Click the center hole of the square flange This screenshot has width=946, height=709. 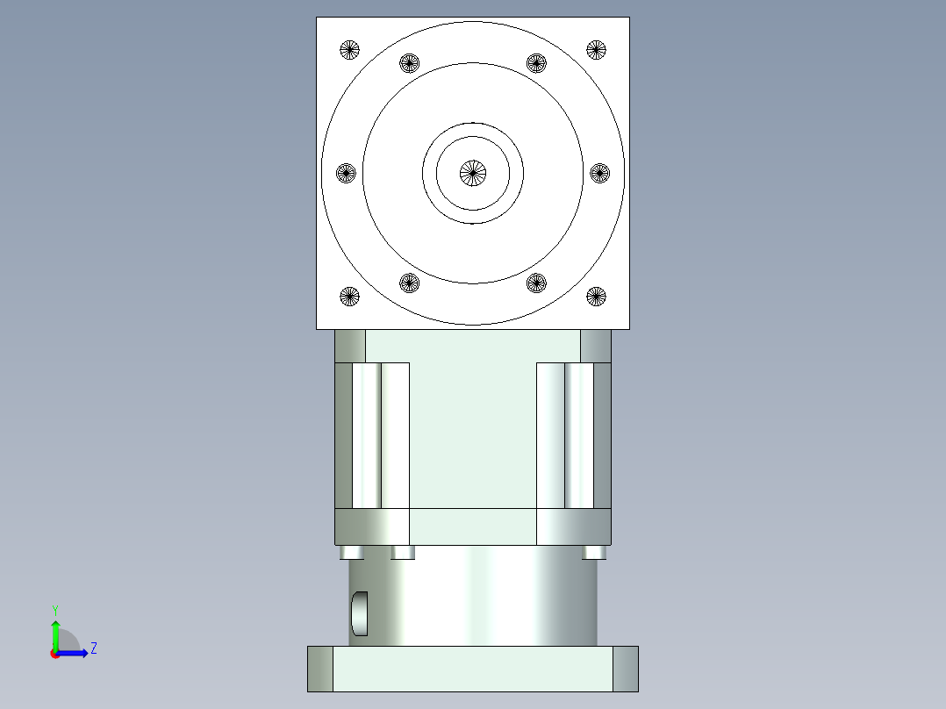click(x=473, y=173)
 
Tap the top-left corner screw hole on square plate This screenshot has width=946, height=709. click(x=349, y=50)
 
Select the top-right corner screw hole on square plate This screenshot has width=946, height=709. click(x=597, y=50)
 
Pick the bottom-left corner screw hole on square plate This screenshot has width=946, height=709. click(x=349, y=297)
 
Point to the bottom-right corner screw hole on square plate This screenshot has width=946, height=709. click(x=597, y=297)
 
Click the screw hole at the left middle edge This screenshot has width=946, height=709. click(x=347, y=173)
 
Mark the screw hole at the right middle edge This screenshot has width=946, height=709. click(x=599, y=173)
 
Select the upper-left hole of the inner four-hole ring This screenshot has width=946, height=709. click(x=410, y=63)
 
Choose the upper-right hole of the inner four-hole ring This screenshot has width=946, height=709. click(x=536, y=63)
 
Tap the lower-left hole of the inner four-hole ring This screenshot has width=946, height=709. click(x=410, y=283)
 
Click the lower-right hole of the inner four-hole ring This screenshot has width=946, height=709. click(x=536, y=283)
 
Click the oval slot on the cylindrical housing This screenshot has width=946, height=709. click(x=360, y=613)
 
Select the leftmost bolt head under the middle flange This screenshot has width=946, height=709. click(x=351, y=553)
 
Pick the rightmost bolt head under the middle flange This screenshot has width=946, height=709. click(x=594, y=553)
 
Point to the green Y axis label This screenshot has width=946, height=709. click(x=54, y=610)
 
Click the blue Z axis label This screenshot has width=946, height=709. click(x=93, y=649)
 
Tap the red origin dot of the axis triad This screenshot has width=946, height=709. click(x=54, y=654)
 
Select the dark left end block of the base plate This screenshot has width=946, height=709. click(x=320, y=669)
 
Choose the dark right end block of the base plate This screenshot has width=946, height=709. click(x=625, y=669)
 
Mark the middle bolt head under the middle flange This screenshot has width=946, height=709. click(x=403, y=553)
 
